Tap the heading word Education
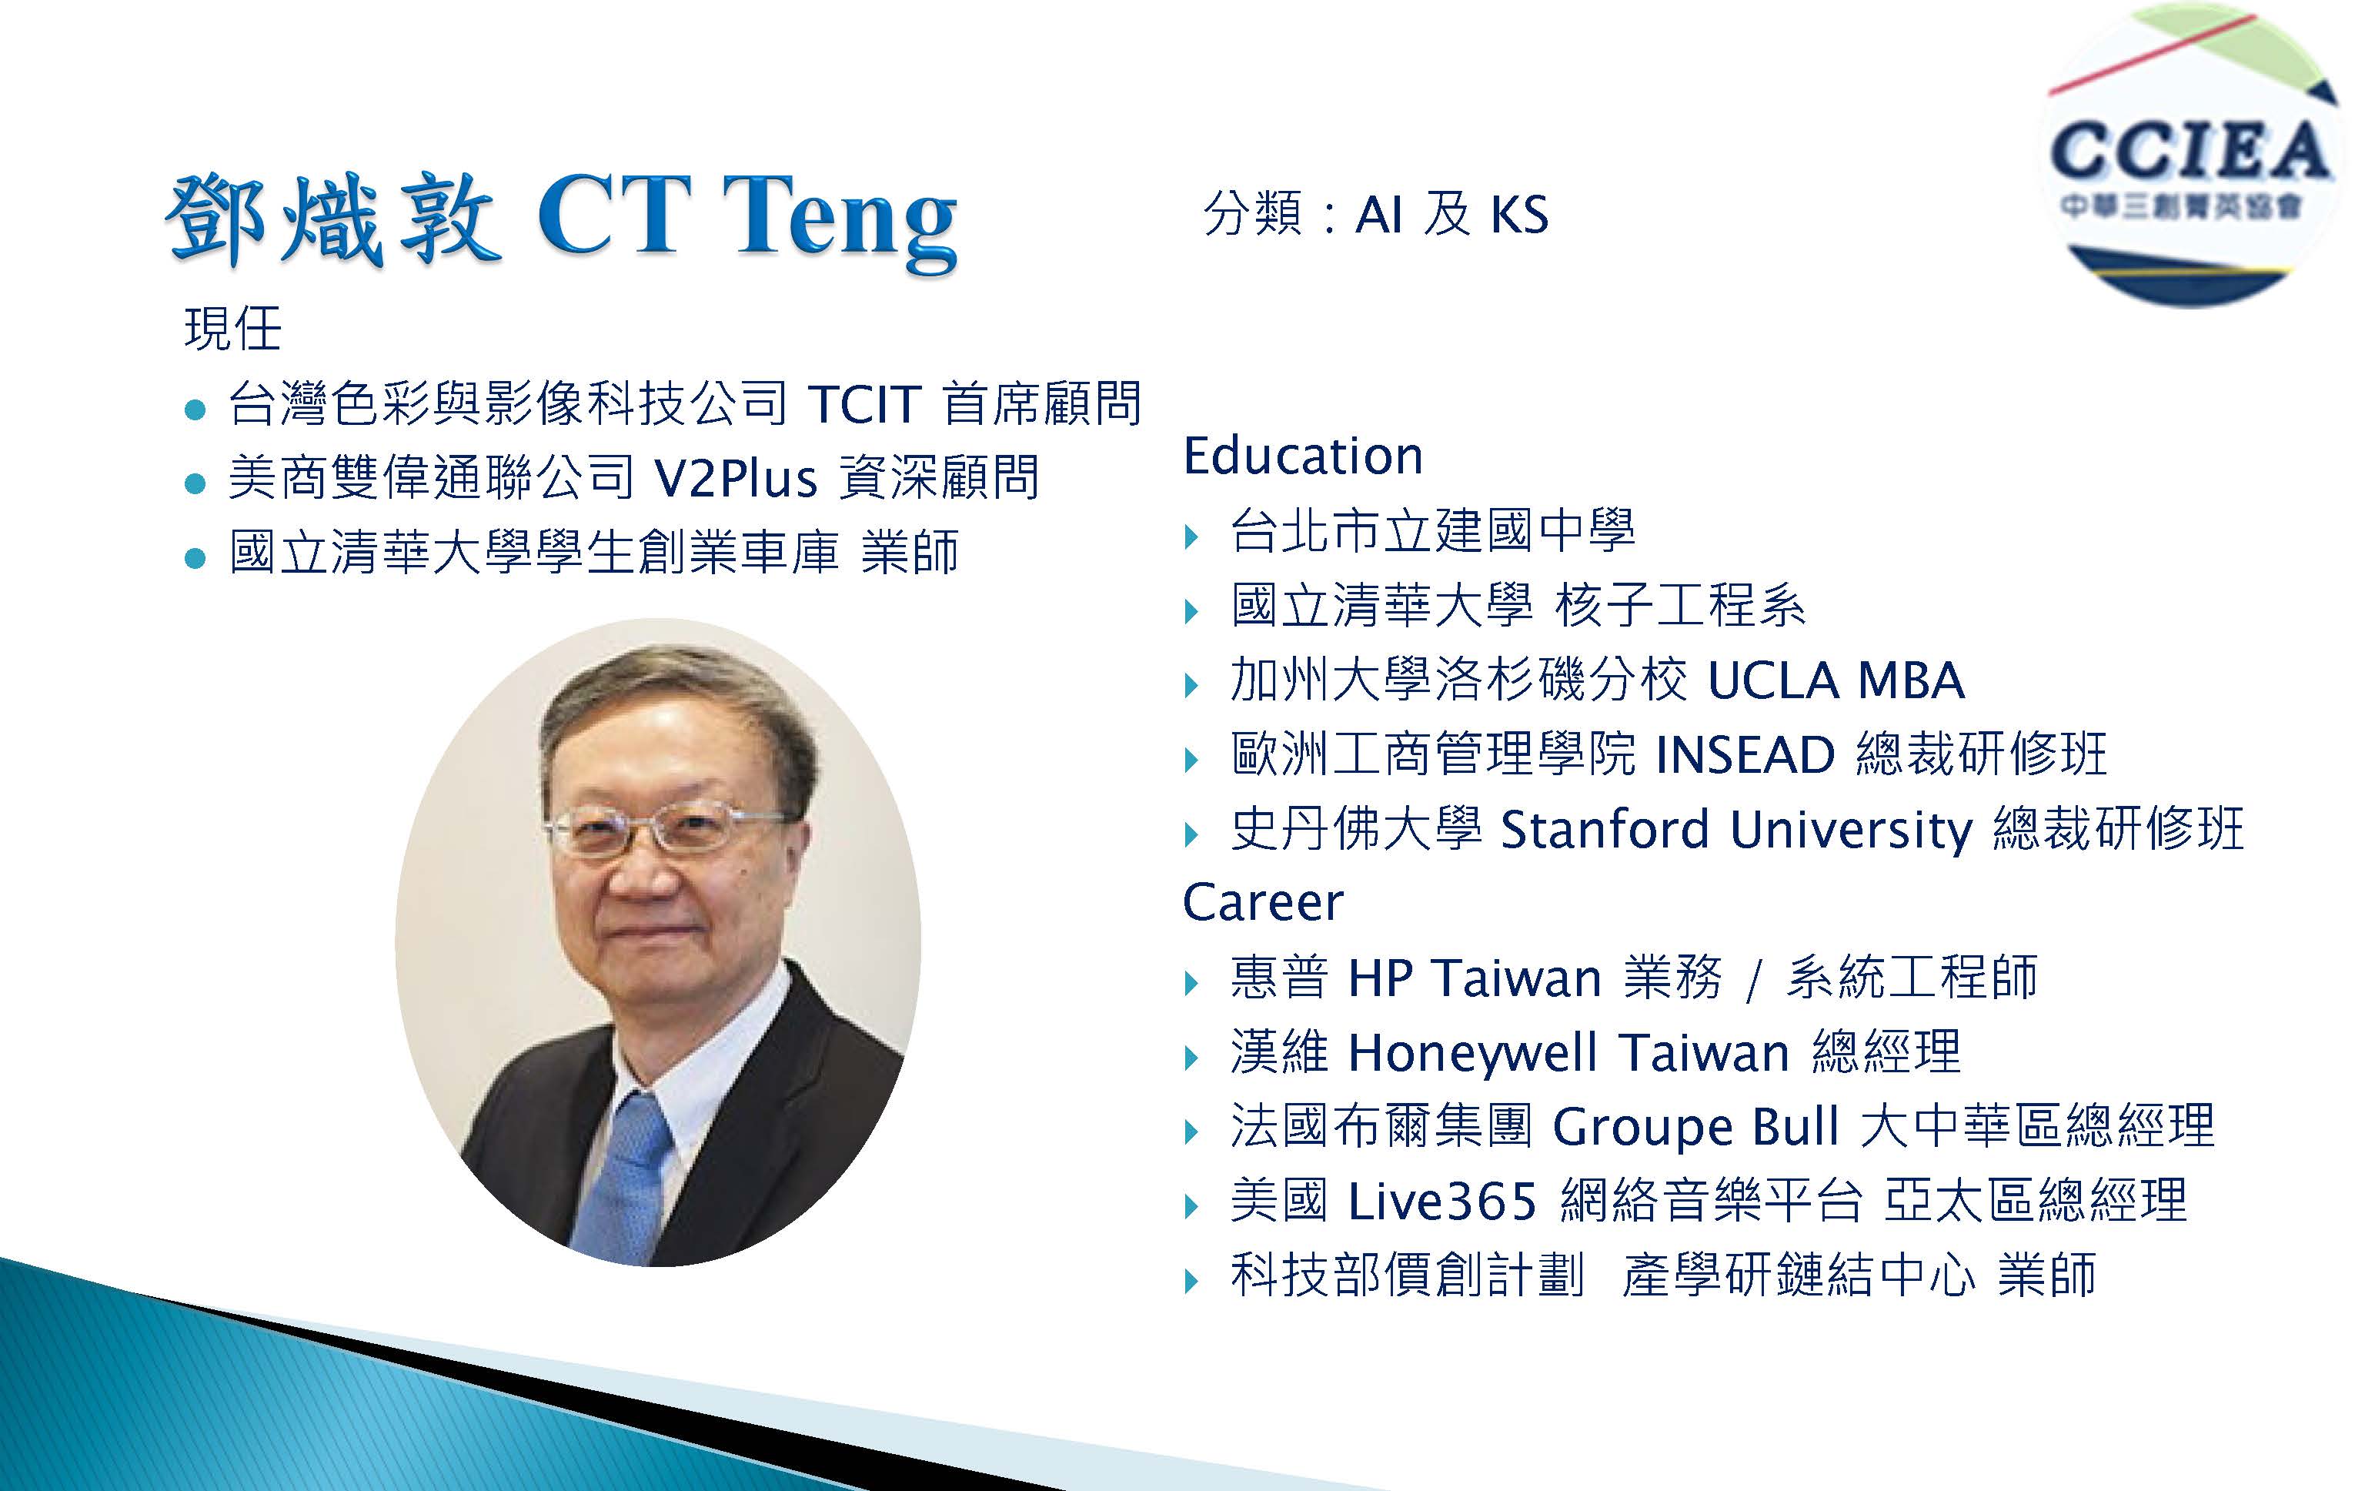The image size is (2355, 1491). (1303, 456)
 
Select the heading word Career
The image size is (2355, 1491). (1263, 902)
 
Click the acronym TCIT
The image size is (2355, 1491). (864, 403)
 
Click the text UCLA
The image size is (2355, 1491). (1773, 680)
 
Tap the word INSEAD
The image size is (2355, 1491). (1745, 754)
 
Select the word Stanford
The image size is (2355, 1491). (1604, 830)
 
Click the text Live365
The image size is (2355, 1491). (1442, 1202)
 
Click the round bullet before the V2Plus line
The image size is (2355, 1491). (195, 483)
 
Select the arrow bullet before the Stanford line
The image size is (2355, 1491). (1191, 834)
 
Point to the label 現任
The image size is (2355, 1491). (232, 329)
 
